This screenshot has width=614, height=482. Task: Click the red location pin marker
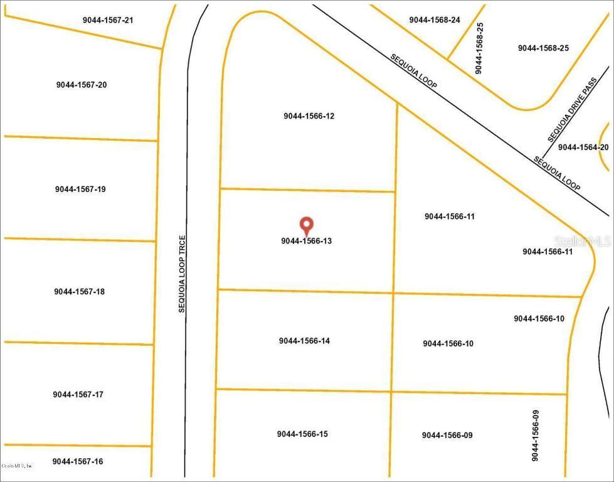point(306,225)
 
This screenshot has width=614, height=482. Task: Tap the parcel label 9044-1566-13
point(306,240)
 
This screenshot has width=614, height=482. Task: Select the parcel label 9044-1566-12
point(309,116)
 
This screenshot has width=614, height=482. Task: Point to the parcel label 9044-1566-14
point(304,341)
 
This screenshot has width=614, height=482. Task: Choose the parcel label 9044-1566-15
point(302,434)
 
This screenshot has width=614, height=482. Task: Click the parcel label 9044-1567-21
point(108,20)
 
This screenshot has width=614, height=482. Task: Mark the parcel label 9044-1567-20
point(81,85)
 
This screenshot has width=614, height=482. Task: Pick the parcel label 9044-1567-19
point(80,189)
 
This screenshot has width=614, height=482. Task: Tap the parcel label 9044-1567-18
point(79,291)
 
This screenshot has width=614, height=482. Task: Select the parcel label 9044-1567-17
point(78,394)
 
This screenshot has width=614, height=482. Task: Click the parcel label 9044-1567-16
point(78,461)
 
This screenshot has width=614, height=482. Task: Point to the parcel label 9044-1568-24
point(435,20)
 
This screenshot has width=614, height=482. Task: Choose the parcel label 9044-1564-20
point(583,147)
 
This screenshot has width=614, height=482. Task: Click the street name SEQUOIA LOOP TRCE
point(181,274)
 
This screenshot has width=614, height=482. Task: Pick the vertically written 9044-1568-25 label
point(479,48)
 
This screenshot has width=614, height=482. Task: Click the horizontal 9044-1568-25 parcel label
point(543,48)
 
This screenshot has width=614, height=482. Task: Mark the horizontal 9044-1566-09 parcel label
point(447,435)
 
